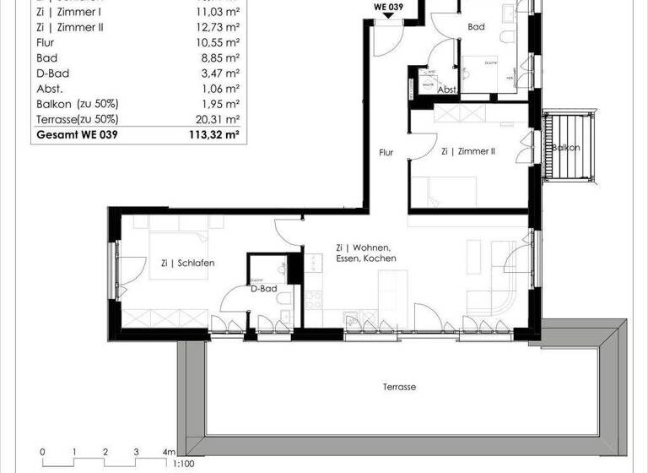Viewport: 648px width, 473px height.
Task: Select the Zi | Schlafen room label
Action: (x=187, y=264)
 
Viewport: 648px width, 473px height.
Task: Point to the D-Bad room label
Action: (x=264, y=288)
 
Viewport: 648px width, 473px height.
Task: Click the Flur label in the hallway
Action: (x=386, y=153)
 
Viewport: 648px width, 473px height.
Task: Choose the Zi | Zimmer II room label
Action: (x=467, y=153)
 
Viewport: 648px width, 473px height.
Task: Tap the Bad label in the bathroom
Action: (x=476, y=27)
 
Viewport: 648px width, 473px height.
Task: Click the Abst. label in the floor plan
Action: (x=447, y=90)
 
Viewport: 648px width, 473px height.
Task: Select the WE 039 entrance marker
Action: (x=390, y=8)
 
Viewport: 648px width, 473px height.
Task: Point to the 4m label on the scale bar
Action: (x=170, y=452)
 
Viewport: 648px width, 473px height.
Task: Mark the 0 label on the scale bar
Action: (x=42, y=452)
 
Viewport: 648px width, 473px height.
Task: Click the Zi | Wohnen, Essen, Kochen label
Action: (x=364, y=253)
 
